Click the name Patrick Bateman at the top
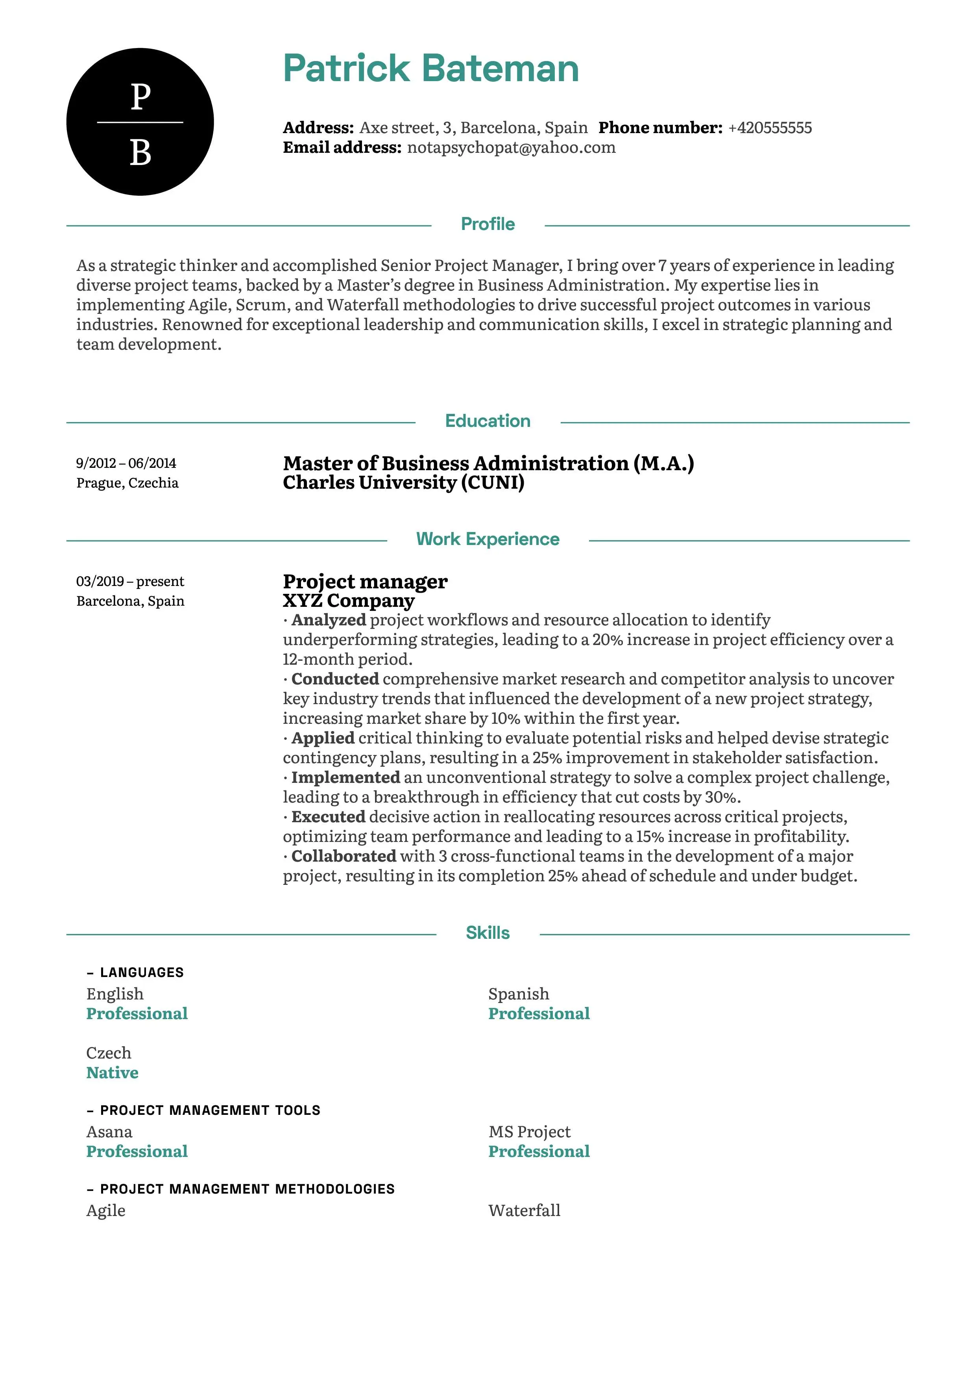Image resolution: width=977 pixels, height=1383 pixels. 430,68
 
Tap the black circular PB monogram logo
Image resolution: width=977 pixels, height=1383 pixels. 140,122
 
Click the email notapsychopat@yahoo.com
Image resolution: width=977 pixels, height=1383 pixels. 511,148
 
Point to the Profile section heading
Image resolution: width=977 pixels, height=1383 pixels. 488,224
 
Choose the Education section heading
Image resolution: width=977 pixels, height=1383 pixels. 488,421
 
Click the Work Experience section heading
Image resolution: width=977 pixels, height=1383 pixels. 488,539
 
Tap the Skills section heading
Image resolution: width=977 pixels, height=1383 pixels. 488,933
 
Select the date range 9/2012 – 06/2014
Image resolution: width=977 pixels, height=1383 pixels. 126,463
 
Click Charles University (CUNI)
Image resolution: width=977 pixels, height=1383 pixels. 403,482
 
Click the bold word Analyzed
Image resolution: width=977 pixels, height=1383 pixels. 329,620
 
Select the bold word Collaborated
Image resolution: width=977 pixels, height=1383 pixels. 344,856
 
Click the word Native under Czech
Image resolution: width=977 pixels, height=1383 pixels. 112,1073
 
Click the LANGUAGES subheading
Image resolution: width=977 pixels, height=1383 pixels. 142,973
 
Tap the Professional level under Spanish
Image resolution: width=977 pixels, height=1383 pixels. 539,1014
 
